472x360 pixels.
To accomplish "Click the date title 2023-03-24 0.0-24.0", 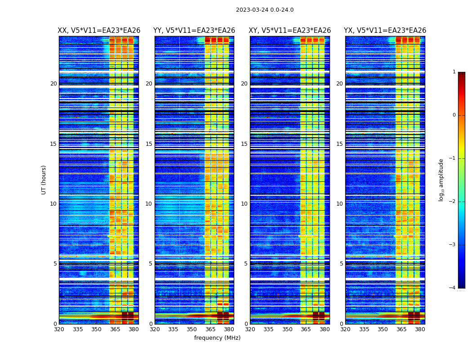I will (265, 10).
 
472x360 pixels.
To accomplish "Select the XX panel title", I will (99, 31).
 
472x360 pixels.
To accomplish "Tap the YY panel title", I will (194, 31).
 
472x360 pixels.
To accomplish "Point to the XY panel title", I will (290, 31).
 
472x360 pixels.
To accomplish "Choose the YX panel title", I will (385, 31).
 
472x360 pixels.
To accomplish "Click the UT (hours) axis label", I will (44, 180).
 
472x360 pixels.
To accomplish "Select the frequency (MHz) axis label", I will (217, 338).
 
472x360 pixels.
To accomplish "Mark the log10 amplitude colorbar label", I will (441, 180).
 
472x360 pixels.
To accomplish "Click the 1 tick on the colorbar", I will (454, 72).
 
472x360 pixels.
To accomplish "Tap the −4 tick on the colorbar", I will (453, 288).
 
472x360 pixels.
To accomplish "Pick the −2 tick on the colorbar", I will (453, 202).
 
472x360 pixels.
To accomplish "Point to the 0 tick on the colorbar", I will (454, 115).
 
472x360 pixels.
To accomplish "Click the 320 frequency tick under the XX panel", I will (59, 329).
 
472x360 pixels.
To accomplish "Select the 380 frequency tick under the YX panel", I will (420, 329).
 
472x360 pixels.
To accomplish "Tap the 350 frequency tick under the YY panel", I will (192, 329).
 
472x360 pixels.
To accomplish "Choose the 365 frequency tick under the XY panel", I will (306, 329).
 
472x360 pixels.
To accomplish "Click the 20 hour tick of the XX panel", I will (53, 84).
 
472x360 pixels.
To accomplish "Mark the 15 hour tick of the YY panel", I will (149, 144).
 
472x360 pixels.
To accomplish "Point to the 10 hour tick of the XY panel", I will (244, 204).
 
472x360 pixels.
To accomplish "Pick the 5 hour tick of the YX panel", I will (341, 264).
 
